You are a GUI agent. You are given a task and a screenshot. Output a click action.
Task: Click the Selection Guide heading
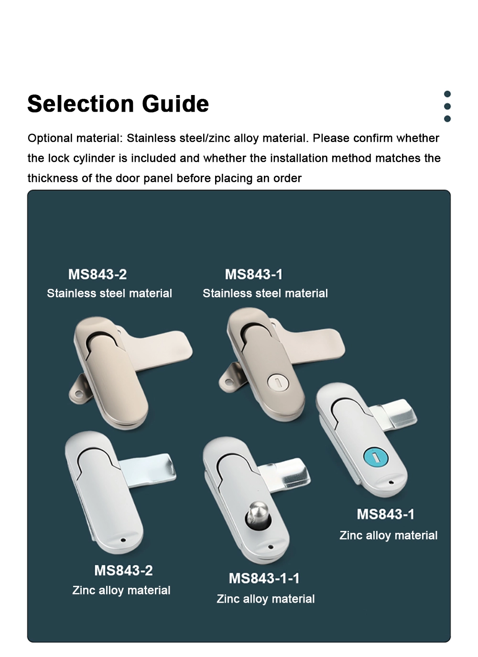pyautogui.click(x=118, y=104)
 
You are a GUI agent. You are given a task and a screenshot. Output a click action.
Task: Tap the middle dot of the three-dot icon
pyautogui.click(x=447, y=106)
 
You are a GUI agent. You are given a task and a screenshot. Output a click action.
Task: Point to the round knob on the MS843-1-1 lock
pyautogui.click(x=256, y=514)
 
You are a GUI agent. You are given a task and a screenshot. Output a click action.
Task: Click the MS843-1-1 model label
pyautogui.click(x=264, y=578)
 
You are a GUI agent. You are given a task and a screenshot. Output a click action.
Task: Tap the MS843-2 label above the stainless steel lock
pyautogui.click(x=98, y=275)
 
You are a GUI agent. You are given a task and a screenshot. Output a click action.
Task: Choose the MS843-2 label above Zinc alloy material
pyautogui.click(x=123, y=570)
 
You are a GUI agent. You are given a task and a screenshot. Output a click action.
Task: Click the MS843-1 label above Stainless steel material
pyautogui.click(x=254, y=275)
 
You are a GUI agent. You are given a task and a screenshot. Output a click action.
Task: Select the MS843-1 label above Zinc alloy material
pyautogui.click(x=385, y=514)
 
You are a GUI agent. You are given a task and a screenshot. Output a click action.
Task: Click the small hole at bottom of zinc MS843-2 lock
pyautogui.click(x=123, y=540)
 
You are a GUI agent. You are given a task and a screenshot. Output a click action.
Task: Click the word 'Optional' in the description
pyautogui.click(x=50, y=138)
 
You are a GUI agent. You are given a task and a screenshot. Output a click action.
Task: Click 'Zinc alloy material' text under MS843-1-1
pyautogui.click(x=265, y=599)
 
